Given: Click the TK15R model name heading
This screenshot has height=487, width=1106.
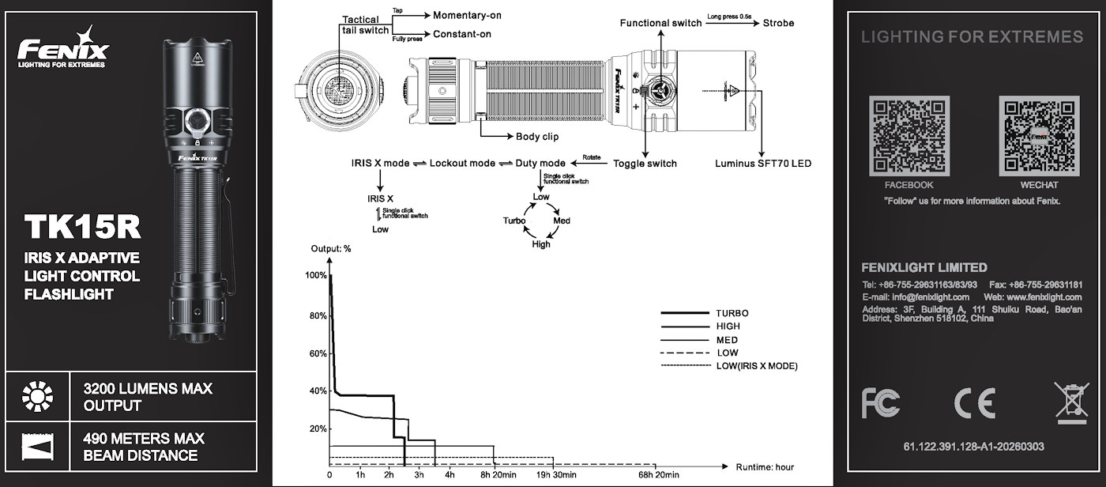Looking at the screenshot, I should (x=82, y=227).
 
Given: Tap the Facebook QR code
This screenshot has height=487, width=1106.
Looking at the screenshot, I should (x=908, y=135).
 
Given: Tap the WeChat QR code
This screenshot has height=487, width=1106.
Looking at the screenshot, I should (x=1039, y=135).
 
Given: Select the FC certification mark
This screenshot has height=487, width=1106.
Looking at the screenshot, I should (x=880, y=402).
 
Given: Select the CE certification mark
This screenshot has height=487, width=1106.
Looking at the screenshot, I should (x=974, y=402).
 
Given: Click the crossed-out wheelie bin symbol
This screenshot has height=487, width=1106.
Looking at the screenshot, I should (x=1070, y=402).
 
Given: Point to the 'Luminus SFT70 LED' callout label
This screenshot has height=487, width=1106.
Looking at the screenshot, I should (x=763, y=164).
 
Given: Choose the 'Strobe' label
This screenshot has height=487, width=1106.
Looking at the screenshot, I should (x=779, y=23).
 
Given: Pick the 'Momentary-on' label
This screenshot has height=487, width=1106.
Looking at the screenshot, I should (x=467, y=15).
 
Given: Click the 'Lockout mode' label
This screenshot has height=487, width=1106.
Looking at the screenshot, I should (x=462, y=164).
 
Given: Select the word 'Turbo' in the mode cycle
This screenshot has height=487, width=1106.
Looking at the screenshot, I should (x=514, y=221).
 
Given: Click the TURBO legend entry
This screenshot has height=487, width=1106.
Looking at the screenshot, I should (x=732, y=313).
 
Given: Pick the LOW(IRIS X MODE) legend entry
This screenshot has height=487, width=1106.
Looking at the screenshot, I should (x=757, y=366).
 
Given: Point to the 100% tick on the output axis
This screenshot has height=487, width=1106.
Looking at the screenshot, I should (x=316, y=275).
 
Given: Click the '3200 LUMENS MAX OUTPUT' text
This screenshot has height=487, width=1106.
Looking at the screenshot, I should (x=148, y=398).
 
